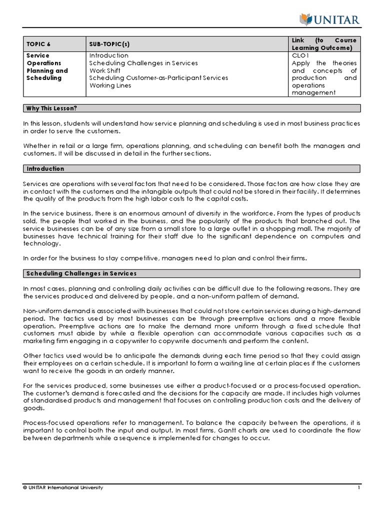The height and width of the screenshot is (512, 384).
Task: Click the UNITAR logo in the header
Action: point(329,19)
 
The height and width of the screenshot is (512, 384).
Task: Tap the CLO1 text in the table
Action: point(301,55)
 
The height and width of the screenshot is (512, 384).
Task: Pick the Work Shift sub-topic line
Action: point(104,70)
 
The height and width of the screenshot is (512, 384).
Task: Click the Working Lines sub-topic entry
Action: point(110,85)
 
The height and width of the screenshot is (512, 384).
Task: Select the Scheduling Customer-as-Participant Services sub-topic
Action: point(158,78)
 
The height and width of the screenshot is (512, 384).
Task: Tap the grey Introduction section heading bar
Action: point(191,169)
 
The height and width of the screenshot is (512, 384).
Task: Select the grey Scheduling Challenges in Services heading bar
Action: point(191,273)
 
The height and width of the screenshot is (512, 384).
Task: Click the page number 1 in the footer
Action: point(358,487)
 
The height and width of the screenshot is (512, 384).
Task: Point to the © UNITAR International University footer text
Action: point(63,487)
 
